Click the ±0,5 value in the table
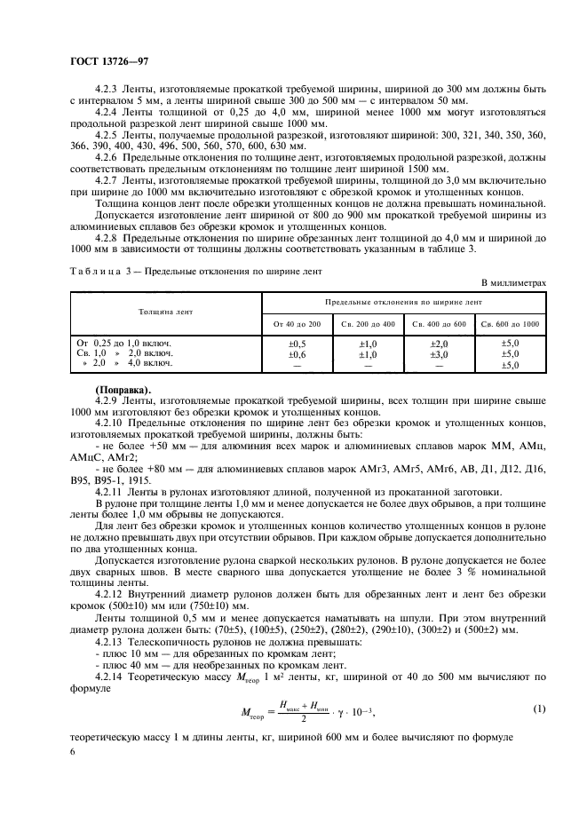point(297,343)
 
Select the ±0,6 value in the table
point(297,353)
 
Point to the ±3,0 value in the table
point(440,353)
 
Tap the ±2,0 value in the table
point(440,343)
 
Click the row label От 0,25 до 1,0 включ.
point(124,343)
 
